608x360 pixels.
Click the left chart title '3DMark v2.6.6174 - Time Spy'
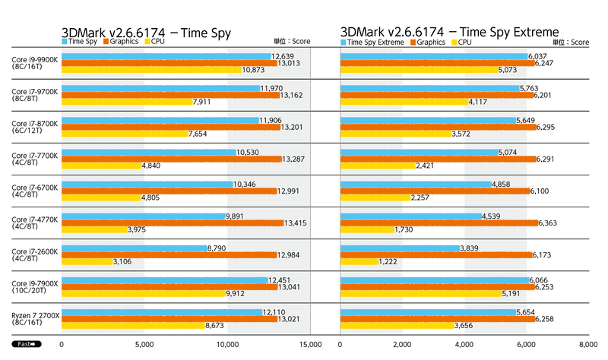tap(146, 32)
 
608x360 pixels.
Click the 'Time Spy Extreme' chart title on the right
tap(450, 32)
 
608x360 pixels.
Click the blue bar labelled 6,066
tap(433, 279)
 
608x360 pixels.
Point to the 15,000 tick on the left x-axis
tap(309, 344)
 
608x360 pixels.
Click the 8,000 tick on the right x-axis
tap(587, 344)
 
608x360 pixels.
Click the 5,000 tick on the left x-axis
tap(144, 344)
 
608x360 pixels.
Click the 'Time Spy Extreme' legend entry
tap(373, 41)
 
